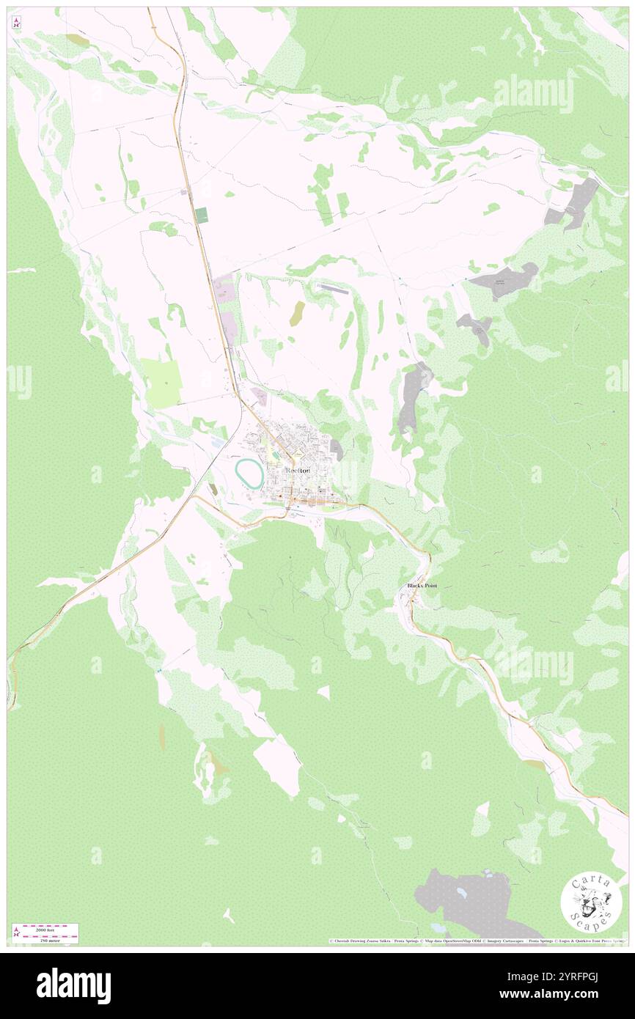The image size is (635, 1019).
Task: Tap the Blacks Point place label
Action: tap(422, 586)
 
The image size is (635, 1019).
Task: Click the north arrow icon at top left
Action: tap(17, 23)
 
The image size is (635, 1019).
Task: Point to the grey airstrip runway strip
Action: tap(334, 289)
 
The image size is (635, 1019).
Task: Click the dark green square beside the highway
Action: tap(201, 216)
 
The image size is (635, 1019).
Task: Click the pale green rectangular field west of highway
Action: tap(162, 383)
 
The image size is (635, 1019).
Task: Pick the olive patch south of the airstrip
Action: tap(297, 313)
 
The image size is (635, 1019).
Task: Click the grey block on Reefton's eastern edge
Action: tap(336, 449)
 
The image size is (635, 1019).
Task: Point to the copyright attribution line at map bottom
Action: tap(477, 941)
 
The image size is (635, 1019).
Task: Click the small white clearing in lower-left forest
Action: tap(230, 916)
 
